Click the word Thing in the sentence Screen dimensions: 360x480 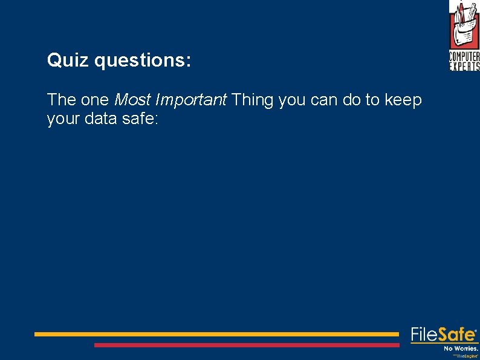coord(253,100)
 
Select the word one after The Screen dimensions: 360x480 coord(94,100)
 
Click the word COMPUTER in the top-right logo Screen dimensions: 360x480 coord(464,57)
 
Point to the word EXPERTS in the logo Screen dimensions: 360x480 coord(464,66)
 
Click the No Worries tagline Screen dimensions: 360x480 coord(461,349)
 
